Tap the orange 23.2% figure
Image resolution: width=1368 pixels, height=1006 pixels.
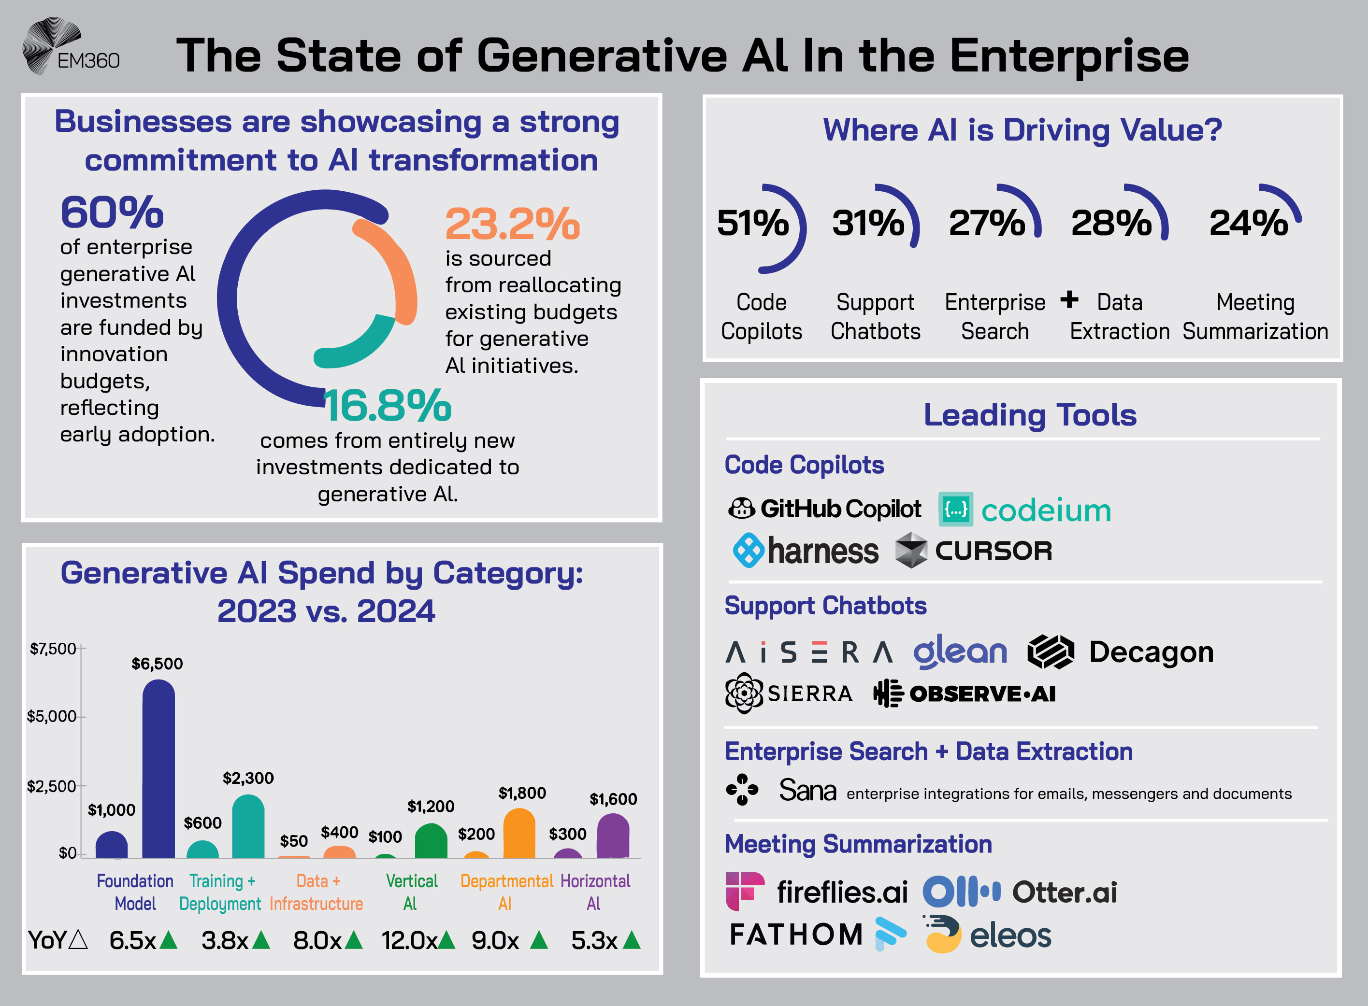tap(512, 224)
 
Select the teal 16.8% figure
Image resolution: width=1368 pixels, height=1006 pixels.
tap(388, 406)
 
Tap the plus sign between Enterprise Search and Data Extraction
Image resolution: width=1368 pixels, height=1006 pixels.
tap(1069, 299)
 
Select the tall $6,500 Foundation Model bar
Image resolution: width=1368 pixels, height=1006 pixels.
tap(158, 770)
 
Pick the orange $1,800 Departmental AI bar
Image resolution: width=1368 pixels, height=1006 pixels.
tap(519, 834)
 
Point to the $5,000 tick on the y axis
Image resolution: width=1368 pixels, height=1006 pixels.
tap(52, 717)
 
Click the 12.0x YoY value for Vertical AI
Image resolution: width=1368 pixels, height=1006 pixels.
tap(409, 941)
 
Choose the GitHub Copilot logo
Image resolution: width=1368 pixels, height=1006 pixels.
tap(824, 509)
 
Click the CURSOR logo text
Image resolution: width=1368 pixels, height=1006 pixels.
tap(993, 551)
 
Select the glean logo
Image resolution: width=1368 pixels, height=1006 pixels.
tap(960, 652)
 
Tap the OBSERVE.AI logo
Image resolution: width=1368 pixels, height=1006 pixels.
tap(965, 694)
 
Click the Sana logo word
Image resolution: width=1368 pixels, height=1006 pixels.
tap(807, 791)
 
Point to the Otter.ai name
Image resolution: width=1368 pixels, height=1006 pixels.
tap(1064, 893)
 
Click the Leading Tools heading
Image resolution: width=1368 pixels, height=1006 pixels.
tap(1029, 415)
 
